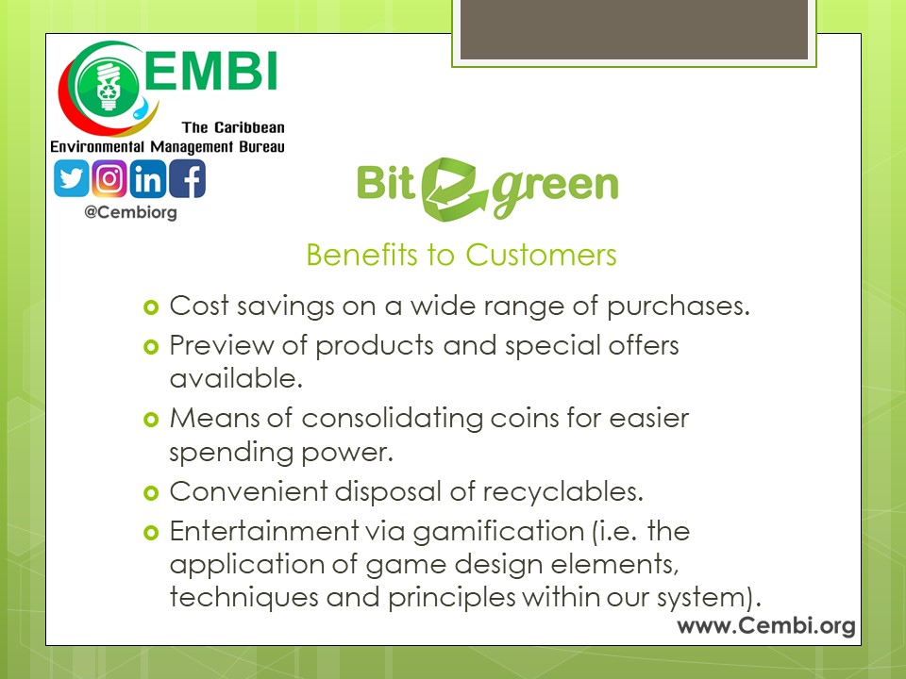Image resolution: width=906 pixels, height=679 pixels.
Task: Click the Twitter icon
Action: pyautogui.click(x=71, y=179)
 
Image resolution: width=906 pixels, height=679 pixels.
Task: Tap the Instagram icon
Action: pyautogui.click(x=109, y=179)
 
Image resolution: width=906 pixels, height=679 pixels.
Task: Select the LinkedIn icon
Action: pyautogui.click(x=148, y=179)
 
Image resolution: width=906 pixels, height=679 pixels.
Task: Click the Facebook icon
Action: pyautogui.click(x=187, y=179)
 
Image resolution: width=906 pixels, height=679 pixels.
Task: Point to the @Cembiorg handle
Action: pyautogui.click(x=130, y=212)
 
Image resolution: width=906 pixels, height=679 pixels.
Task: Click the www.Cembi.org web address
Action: pyautogui.click(x=766, y=626)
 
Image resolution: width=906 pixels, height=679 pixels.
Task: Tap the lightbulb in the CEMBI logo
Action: pyautogui.click(x=108, y=87)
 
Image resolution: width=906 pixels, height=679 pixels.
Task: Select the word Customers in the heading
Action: pyautogui.click(x=541, y=255)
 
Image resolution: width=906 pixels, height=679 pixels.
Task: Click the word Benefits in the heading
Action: pyautogui.click(x=361, y=255)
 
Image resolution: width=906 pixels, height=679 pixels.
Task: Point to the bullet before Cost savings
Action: pyautogui.click(x=151, y=307)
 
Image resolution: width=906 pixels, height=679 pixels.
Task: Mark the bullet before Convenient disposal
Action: pyautogui.click(x=151, y=493)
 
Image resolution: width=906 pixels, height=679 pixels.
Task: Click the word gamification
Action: pyautogui.click(x=498, y=532)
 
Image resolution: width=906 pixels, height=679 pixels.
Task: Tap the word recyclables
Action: pyautogui.click(x=562, y=492)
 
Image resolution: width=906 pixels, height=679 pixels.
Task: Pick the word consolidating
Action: pyautogui.click(x=393, y=419)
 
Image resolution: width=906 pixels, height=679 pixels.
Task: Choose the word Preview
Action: pyautogui.click(x=222, y=345)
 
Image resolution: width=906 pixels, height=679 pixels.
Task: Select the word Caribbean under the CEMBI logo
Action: pyautogui.click(x=249, y=127)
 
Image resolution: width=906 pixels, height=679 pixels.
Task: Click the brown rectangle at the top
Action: pyautogui.click(x=634, y=29)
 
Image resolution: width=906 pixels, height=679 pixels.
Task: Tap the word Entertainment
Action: pyautogui.click(x=264, y=531)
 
